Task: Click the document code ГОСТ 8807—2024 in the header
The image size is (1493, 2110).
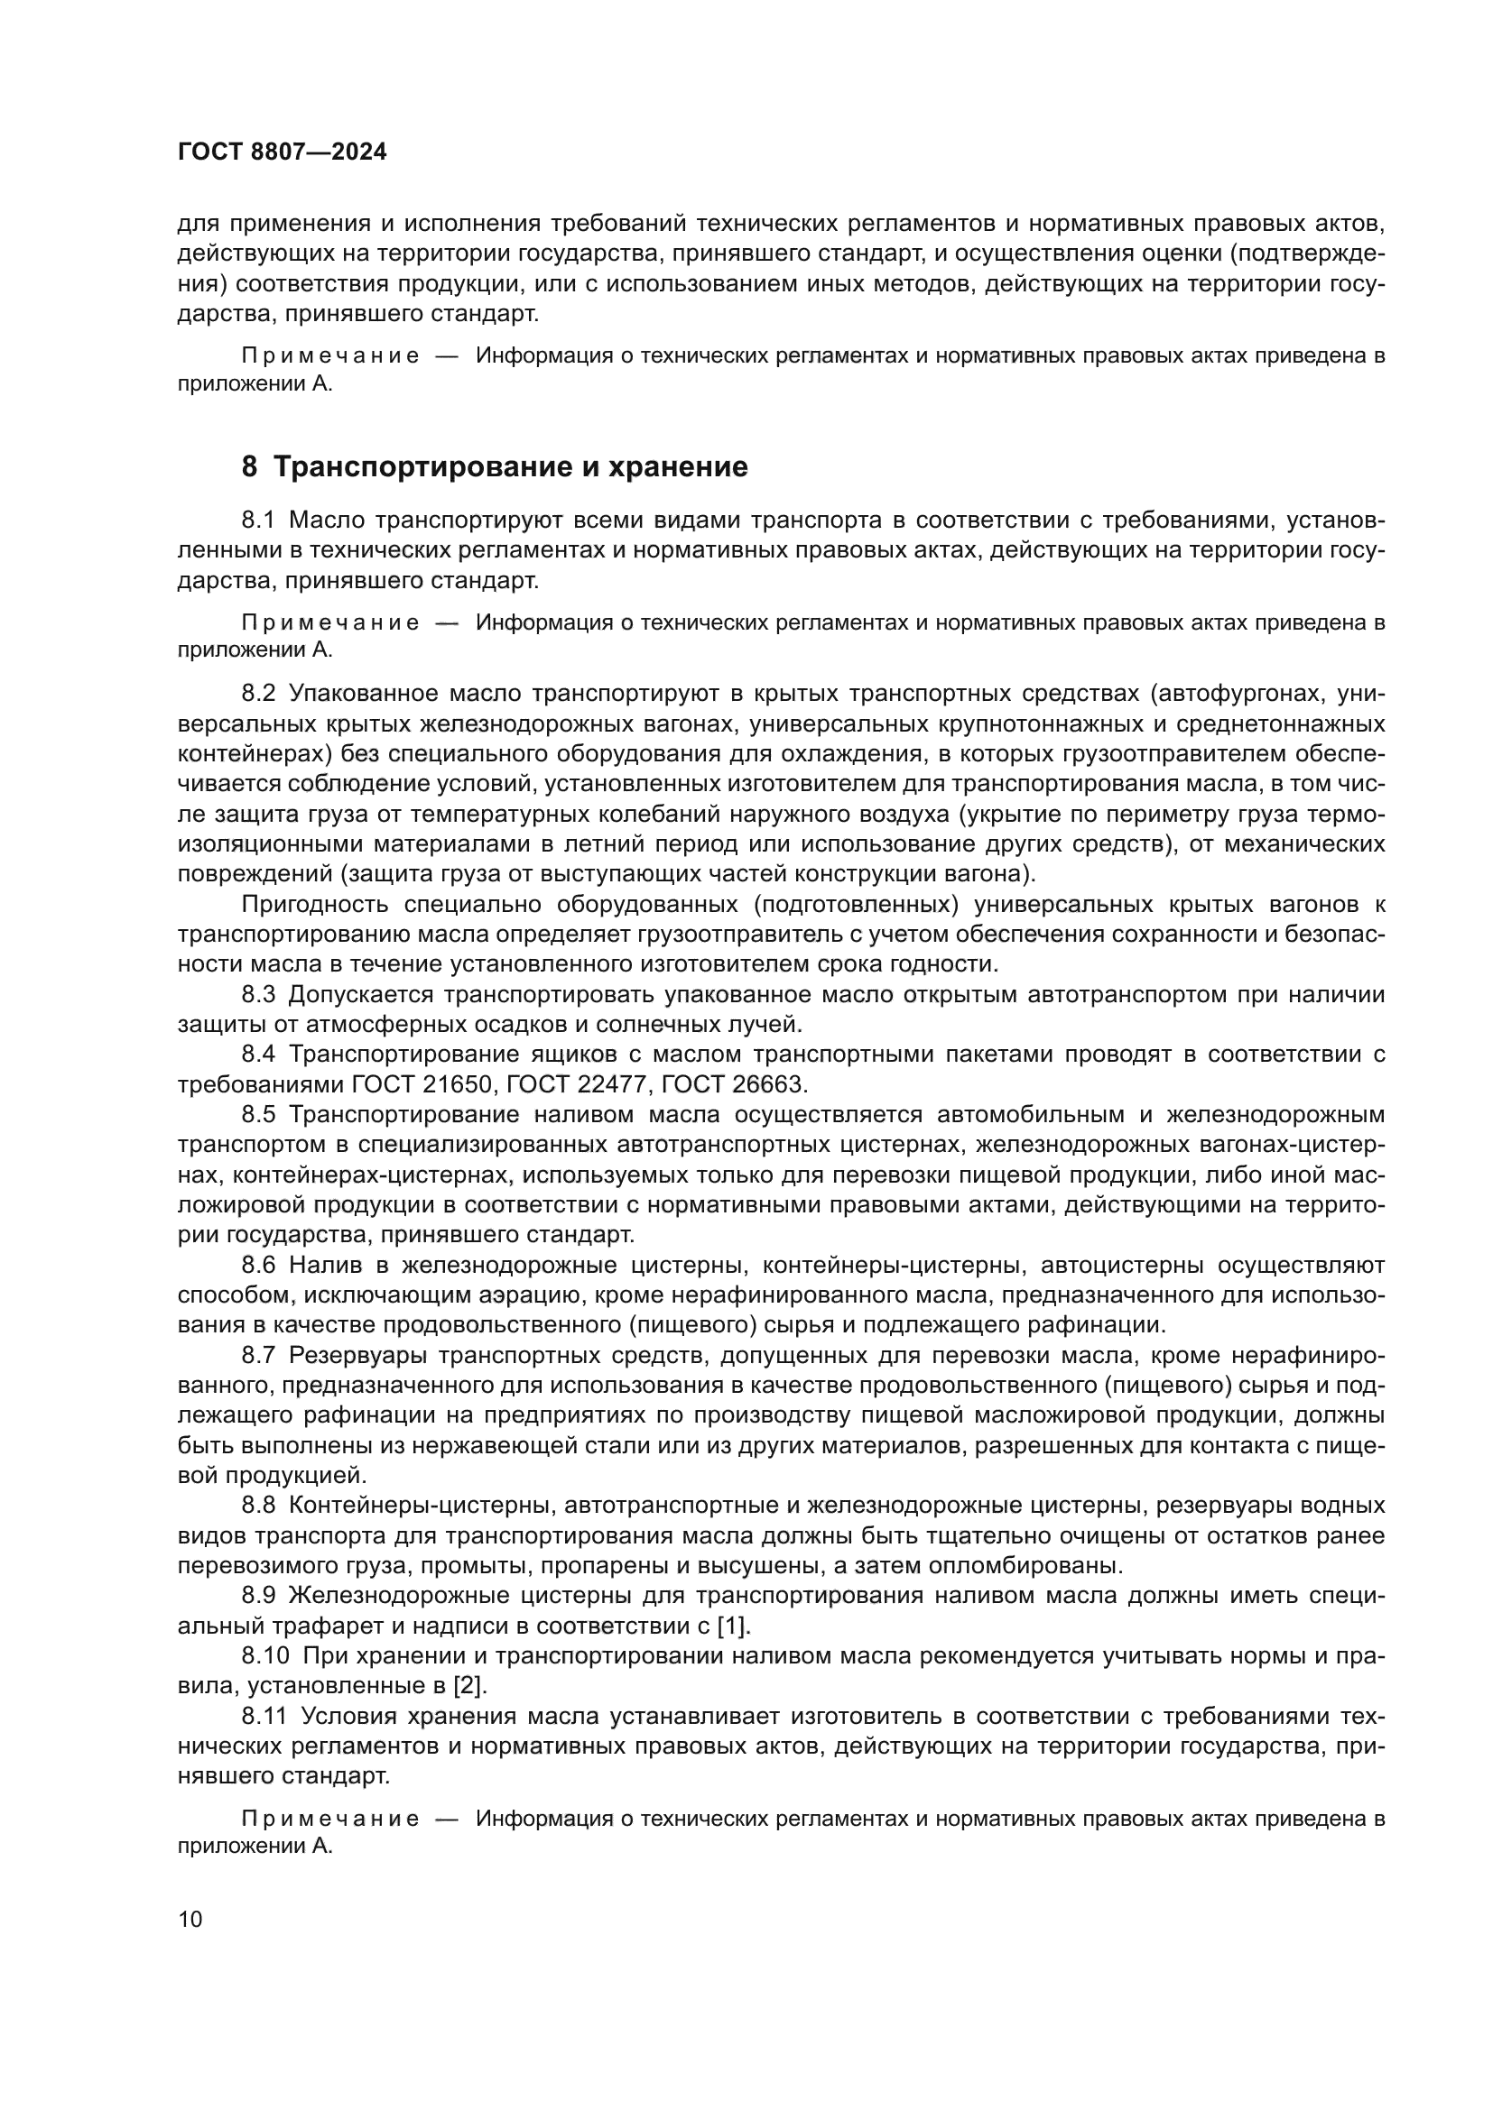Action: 283,152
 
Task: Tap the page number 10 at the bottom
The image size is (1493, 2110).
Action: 190,1919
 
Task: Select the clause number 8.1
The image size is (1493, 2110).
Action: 258,521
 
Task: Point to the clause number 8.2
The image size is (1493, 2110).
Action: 258,694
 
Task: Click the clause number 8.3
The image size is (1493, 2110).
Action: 258,995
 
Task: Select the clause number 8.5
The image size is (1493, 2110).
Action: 258,1116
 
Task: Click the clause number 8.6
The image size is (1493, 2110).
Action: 258,1267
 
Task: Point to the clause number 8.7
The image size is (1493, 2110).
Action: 258,1357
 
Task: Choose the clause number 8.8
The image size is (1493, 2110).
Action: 258,1506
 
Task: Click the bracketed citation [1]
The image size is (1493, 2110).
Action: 734,1626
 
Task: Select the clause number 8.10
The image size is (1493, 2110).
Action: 264,1657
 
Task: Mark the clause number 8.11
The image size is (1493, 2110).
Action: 264,1717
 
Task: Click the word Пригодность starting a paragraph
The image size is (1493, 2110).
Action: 313,905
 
